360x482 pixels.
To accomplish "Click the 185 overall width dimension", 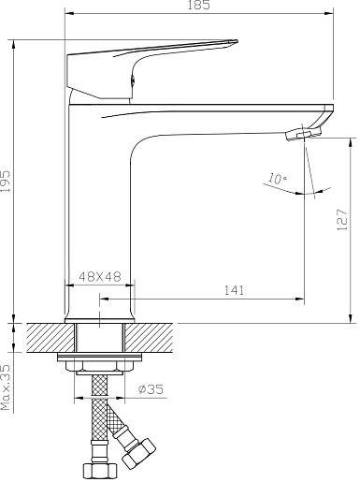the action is coord(199,6).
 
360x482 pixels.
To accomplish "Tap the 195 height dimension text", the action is coord(6,181).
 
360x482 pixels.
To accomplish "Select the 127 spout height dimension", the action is coord(342,220).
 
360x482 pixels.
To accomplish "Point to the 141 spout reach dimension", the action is coord(234,290).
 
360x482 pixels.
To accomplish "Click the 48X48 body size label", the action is coord(100,276).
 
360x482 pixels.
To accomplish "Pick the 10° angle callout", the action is coord(277,179).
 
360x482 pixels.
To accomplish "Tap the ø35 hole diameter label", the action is coord(151,389).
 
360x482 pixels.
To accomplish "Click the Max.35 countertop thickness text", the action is coord(6,387).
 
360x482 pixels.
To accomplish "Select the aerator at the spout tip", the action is coord(303,134).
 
